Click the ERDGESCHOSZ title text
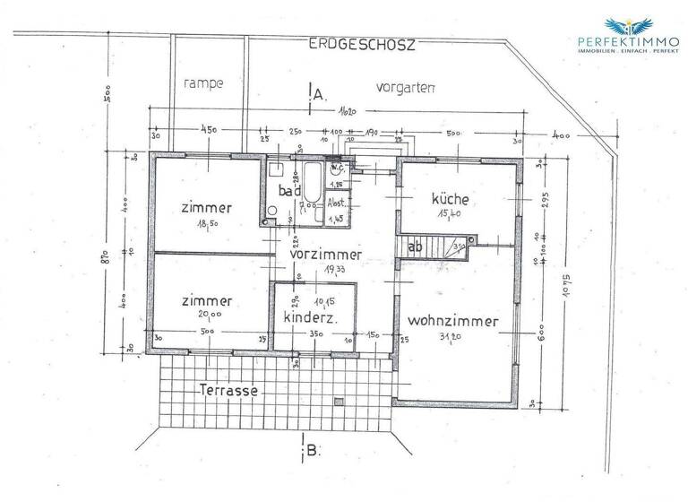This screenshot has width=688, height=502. pos(362,43)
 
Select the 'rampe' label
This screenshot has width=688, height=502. pos(202,82)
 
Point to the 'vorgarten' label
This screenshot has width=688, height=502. pos(406,87)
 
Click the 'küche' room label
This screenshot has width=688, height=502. pos(450,198)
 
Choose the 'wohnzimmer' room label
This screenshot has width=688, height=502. pos(451,320)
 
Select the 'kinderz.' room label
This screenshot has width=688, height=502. pos(310,318)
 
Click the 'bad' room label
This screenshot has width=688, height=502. pos(288,191)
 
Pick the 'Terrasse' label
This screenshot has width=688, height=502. pos(229,391)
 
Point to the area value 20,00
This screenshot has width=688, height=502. pos(212,315)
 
